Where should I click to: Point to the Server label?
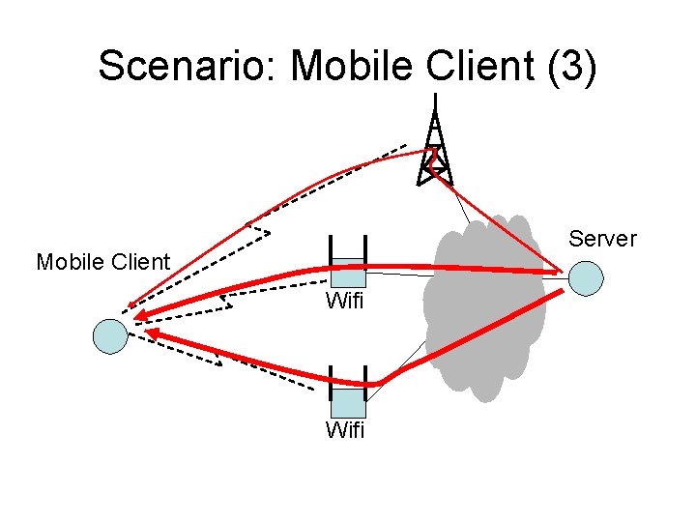(x=602, y=239)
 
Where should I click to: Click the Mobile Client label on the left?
(x=102, y=262)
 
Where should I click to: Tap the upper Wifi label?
(x=345, y=301)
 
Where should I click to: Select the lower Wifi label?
(x=345, y=431)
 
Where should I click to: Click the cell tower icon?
(x=435, y=150)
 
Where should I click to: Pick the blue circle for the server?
(x=586, y=277)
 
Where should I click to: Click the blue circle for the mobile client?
(x=109, y=334)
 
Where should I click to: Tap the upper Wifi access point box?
(x=347, y=274)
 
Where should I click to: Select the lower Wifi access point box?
(x=348, y=402)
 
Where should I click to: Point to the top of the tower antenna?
(x=436, y=97)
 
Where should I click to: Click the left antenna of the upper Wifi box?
(x=330, y=253)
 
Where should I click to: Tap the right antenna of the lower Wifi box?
(x=365, y=384)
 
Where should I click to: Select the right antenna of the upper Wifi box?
(x=364, y=253)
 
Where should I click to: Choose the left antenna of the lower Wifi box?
(x=331, y=384)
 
